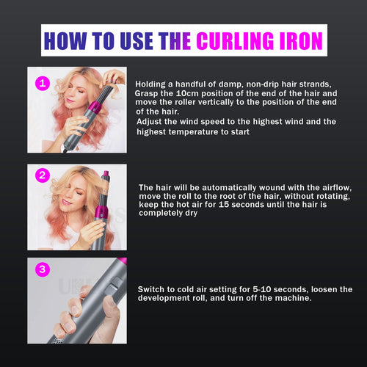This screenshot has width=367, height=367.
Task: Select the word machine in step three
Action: click(x=290, y=299)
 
